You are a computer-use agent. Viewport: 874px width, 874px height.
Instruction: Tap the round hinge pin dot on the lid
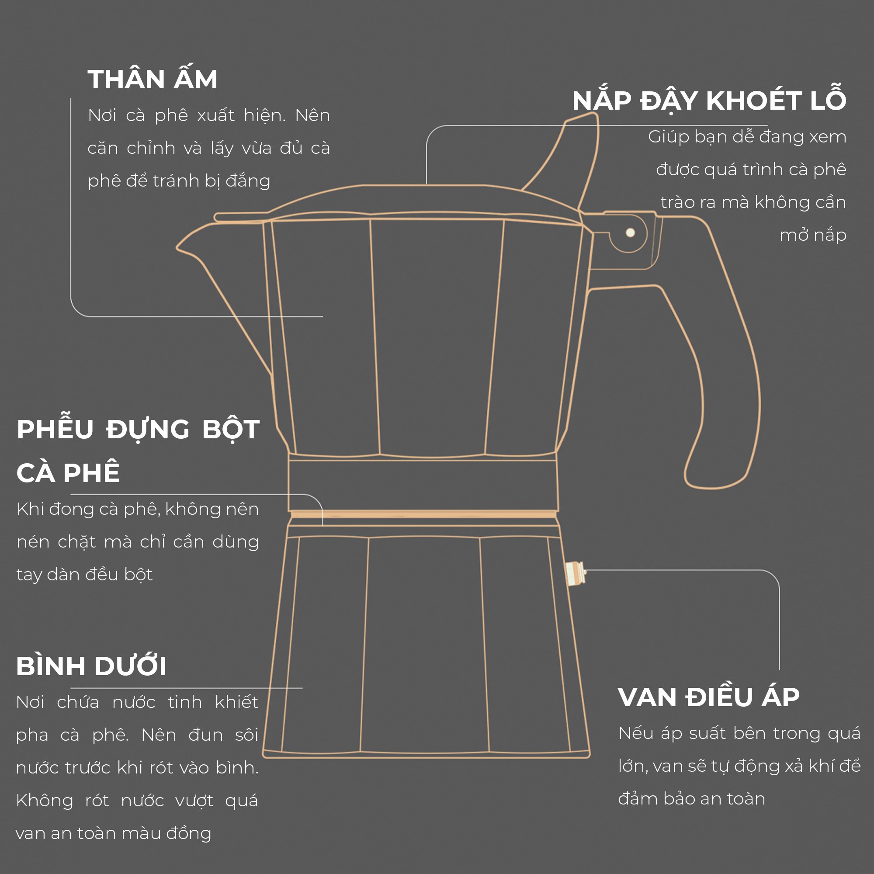(x=630, y=232)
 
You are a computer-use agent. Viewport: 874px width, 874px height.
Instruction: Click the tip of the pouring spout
(x=177, y=247)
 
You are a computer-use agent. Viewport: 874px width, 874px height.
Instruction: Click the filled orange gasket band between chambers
(x=423, y=514)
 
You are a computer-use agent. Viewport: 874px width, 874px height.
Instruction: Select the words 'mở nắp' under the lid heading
(x=813, y=236)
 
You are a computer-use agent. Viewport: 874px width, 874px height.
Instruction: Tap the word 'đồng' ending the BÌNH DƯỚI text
(x=188, y=833)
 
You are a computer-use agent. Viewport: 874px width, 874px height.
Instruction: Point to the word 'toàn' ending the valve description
(x=746, y=799)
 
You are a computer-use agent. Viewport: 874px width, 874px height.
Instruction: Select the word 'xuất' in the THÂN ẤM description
(x=215, y=115)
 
